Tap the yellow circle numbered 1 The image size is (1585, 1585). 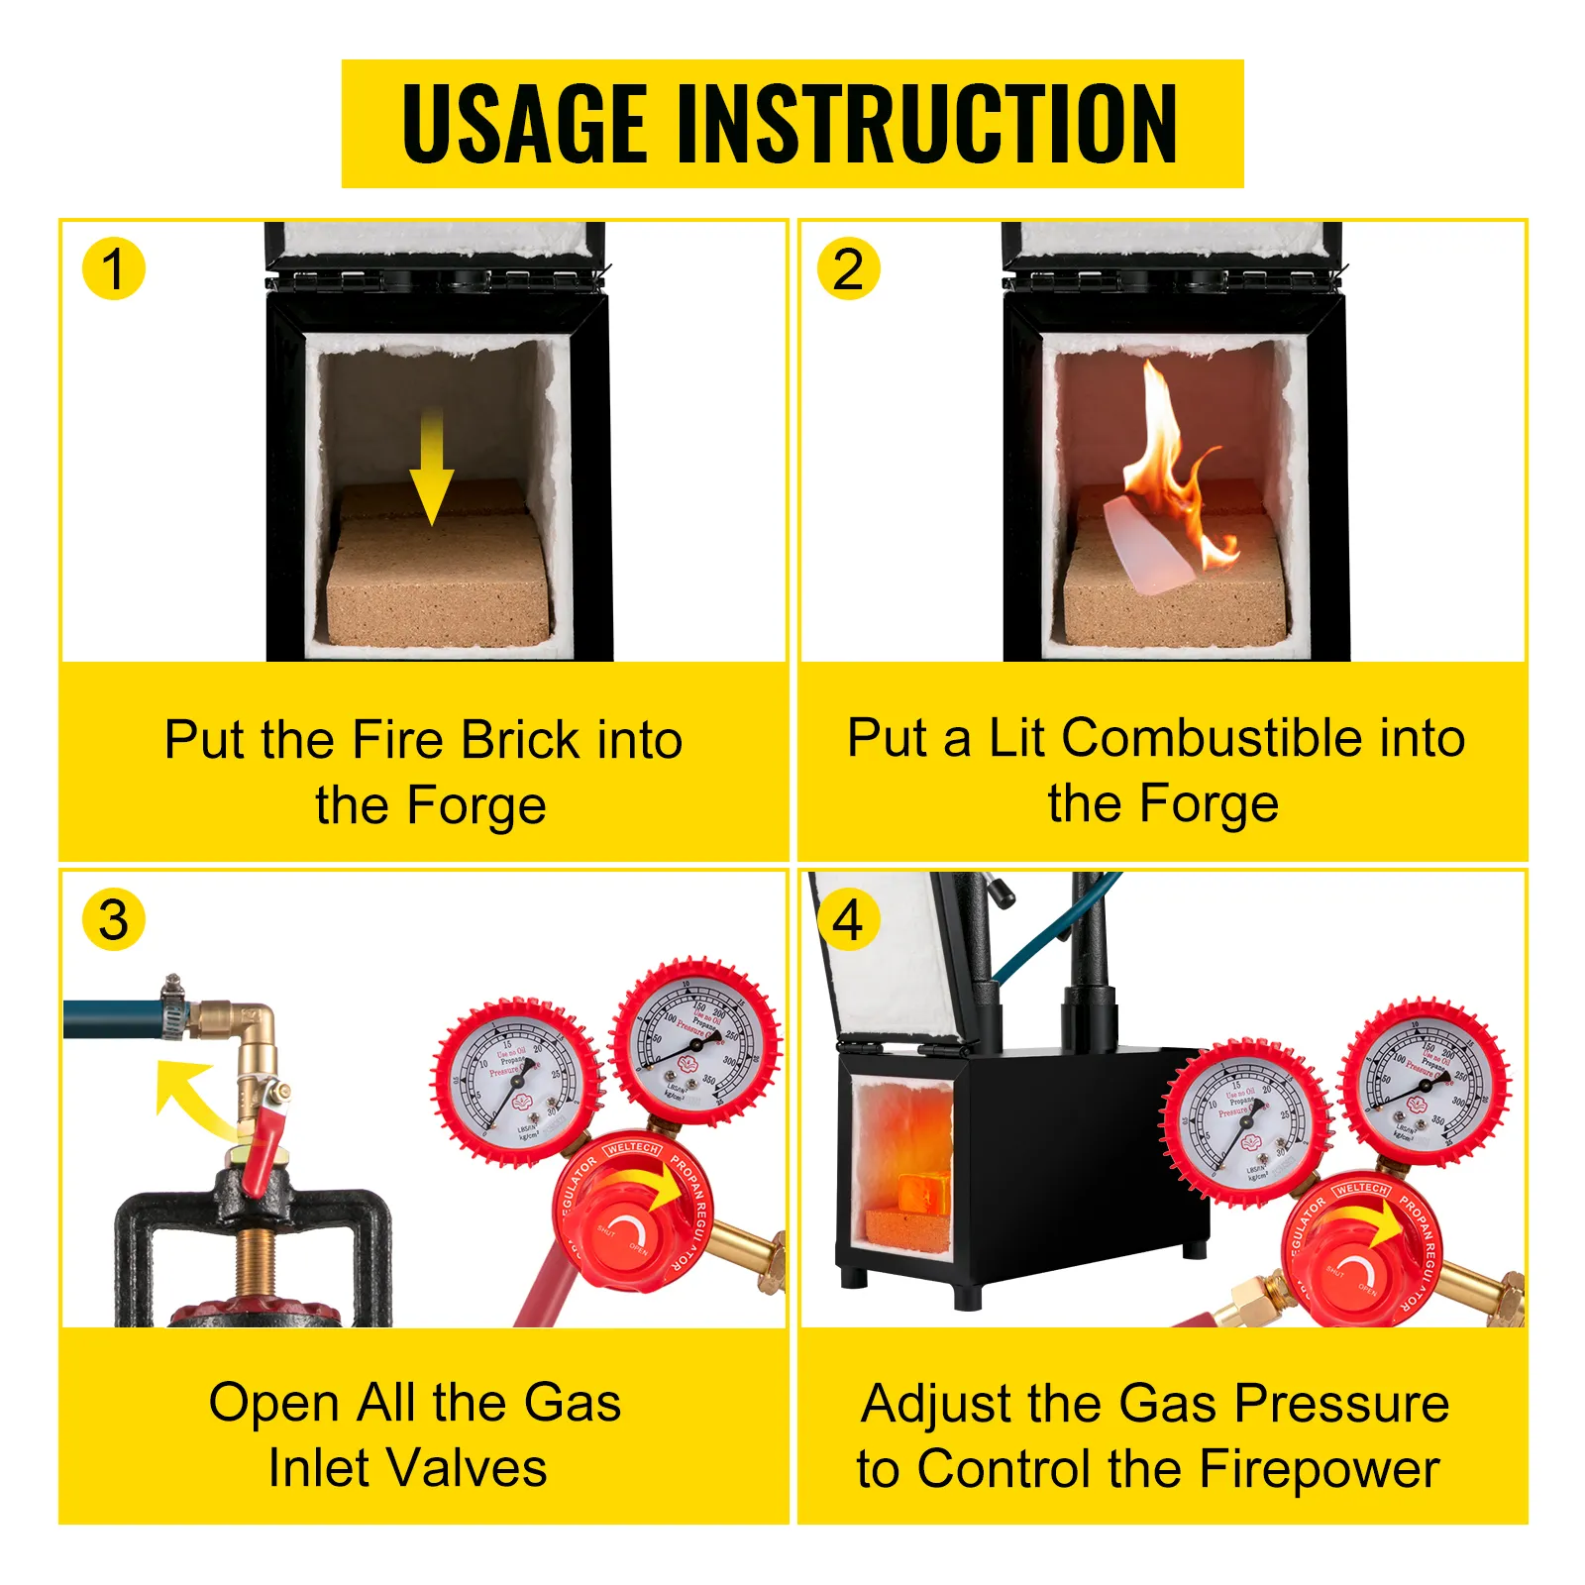(x=113, y=268)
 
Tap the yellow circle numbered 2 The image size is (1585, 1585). (x=848, y=268)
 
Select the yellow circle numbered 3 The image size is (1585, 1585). (x=113, y=920)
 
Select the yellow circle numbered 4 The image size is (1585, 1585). (x=848, y=920)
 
